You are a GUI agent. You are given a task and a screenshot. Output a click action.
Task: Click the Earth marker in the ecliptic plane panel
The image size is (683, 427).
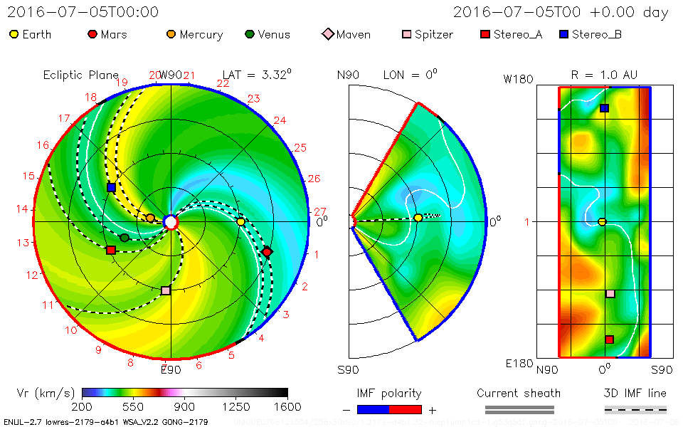pos(240,222)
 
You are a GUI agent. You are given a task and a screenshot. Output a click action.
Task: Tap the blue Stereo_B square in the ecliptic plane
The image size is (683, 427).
pos(111,187)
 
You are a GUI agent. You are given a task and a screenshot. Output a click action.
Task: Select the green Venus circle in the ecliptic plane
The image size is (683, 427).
pos(125,238)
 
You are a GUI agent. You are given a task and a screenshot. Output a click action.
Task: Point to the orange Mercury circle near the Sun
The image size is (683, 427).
pos(150,218)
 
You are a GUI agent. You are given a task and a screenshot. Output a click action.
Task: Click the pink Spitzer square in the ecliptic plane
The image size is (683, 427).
pos(166,290)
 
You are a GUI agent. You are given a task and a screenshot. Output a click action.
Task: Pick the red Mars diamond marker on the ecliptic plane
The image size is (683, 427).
pos(267,252)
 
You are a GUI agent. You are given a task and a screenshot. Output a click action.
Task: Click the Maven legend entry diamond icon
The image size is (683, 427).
pos(327,34)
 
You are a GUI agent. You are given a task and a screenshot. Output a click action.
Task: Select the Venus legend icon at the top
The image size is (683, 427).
pos(249,34)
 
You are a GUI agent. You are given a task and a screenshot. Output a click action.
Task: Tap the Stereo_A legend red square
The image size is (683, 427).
pos(486,34)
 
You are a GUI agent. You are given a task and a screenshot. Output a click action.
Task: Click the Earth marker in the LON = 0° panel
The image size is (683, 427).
pos(418,218)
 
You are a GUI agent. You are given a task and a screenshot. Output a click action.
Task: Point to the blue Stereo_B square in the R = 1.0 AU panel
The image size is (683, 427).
pos(604,108)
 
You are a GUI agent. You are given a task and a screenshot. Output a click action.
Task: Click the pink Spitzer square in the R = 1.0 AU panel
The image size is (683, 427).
pos(610,293)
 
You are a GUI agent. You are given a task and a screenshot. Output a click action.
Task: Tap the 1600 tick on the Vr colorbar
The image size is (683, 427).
pos(287,407)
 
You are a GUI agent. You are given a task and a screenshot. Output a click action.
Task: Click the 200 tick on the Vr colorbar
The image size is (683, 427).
pos(83,407)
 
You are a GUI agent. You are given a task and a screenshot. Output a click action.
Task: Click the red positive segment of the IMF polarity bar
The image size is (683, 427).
pos(406,409)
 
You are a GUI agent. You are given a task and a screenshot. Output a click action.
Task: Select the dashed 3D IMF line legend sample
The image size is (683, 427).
pos(635,409)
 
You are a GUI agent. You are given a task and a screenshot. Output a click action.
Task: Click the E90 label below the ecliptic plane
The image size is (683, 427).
pos(171,370)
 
